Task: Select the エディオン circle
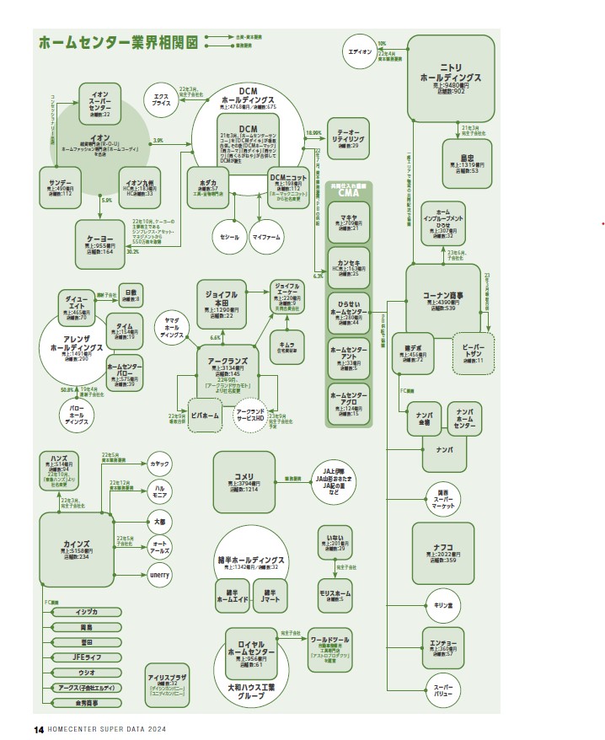[360, 52]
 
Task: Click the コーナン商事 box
[443, 298]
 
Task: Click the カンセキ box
[349, 264]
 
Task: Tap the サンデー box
[61, 187]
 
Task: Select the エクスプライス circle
[161, 99]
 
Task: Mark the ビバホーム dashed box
[205, 416]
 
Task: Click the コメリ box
[244, 481]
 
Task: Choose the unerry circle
[159, 575]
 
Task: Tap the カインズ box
[77, 550]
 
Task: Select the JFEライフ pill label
[87, 656]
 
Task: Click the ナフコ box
[442, 553]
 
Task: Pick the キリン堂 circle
[443, 606]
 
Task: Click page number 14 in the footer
[38, 729]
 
